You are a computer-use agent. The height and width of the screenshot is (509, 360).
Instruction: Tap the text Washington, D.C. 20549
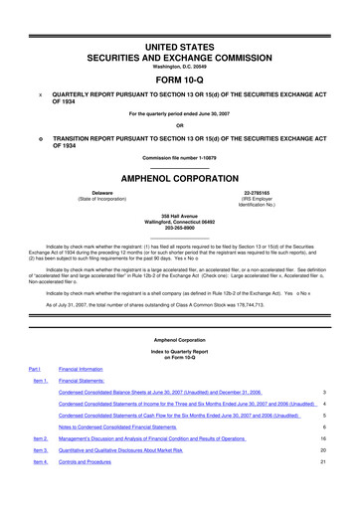180,67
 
